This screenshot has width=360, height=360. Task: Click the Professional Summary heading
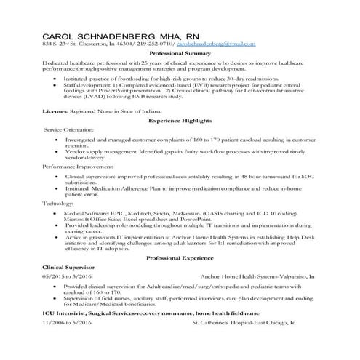[180, 55]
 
